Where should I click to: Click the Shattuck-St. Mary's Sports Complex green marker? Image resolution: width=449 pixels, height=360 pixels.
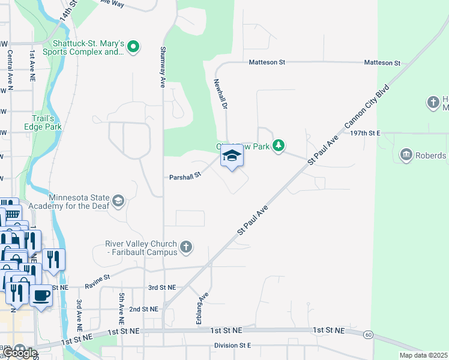[133, 46]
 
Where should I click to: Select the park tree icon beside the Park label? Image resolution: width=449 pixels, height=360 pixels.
[278, 146]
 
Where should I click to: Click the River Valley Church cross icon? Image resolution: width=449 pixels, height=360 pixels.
[187, 247]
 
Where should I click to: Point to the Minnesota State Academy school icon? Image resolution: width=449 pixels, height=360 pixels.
[119, 201]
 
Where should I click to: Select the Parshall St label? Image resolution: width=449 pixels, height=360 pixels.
[184, 177]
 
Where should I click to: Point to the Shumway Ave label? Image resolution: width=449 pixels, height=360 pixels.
[163, 67]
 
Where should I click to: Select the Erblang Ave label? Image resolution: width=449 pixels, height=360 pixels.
[202, 309]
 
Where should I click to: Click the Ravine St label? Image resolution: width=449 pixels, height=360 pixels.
[97, 278]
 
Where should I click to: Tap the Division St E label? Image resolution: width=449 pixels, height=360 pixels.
[232, 346]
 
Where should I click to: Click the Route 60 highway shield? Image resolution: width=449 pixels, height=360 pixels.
[368, 334]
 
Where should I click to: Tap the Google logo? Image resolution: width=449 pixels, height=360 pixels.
[19, 352]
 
